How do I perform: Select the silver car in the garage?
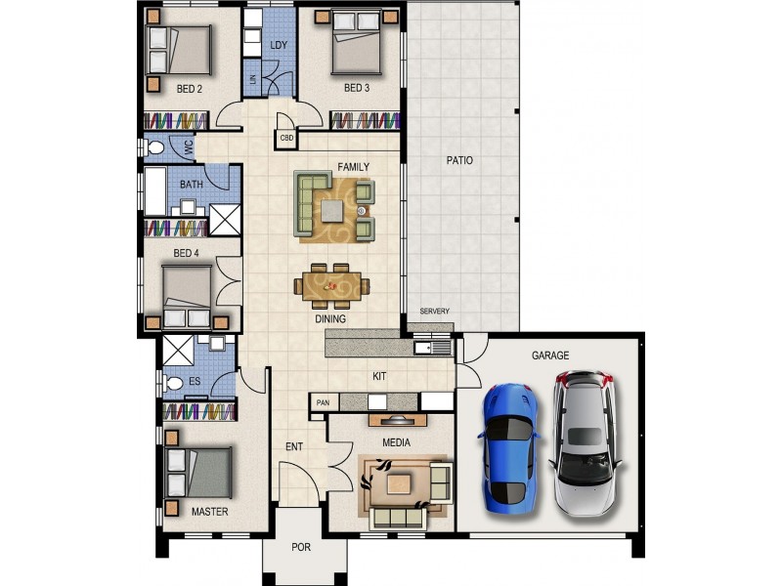(586, 442)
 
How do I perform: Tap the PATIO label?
(459, 160)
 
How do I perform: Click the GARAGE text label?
(550, 356)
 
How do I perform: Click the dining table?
(331, 286)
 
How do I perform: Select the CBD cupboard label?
(286, 138)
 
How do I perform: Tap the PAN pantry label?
(323, 402)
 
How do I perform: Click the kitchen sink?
(432, 347)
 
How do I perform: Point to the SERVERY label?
(434, 311)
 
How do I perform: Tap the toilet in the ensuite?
(172, 384)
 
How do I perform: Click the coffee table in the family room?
(332, 210)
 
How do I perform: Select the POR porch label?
(301, 547)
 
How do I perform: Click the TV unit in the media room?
(398, 420)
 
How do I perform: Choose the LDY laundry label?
(279, 45)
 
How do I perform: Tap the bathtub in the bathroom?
(155, 191)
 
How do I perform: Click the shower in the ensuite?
(178, 351)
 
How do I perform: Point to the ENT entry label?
(294, 447)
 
